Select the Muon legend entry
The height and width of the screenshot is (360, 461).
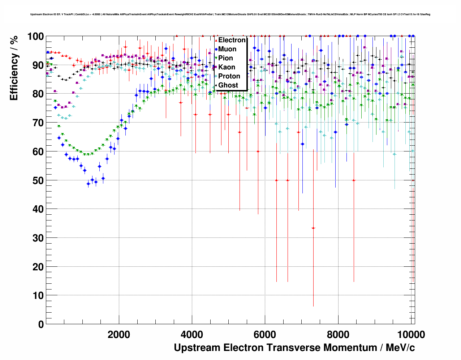pos(227,49)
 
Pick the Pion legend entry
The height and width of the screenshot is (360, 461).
pos(225,58)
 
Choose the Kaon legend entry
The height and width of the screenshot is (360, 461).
pos(227,67)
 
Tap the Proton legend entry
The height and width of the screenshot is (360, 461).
pos(229,76)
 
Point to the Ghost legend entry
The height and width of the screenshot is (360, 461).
pos(228,85)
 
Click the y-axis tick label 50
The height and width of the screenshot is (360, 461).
pos(35,180)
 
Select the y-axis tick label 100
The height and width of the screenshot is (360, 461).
pos(33,37)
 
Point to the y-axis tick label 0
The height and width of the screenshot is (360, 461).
pos(40,324)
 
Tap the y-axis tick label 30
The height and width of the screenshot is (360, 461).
pos(35,238)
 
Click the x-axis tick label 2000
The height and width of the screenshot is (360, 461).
pos(119,335)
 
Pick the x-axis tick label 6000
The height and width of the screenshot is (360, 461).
pos(265,335)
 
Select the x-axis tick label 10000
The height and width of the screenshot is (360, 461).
pos(410,335)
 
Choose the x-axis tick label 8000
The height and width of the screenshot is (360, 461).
pos(338,335)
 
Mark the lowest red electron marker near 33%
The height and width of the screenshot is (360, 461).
pos(313,228)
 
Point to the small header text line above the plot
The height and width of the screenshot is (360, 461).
pos(230,14)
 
